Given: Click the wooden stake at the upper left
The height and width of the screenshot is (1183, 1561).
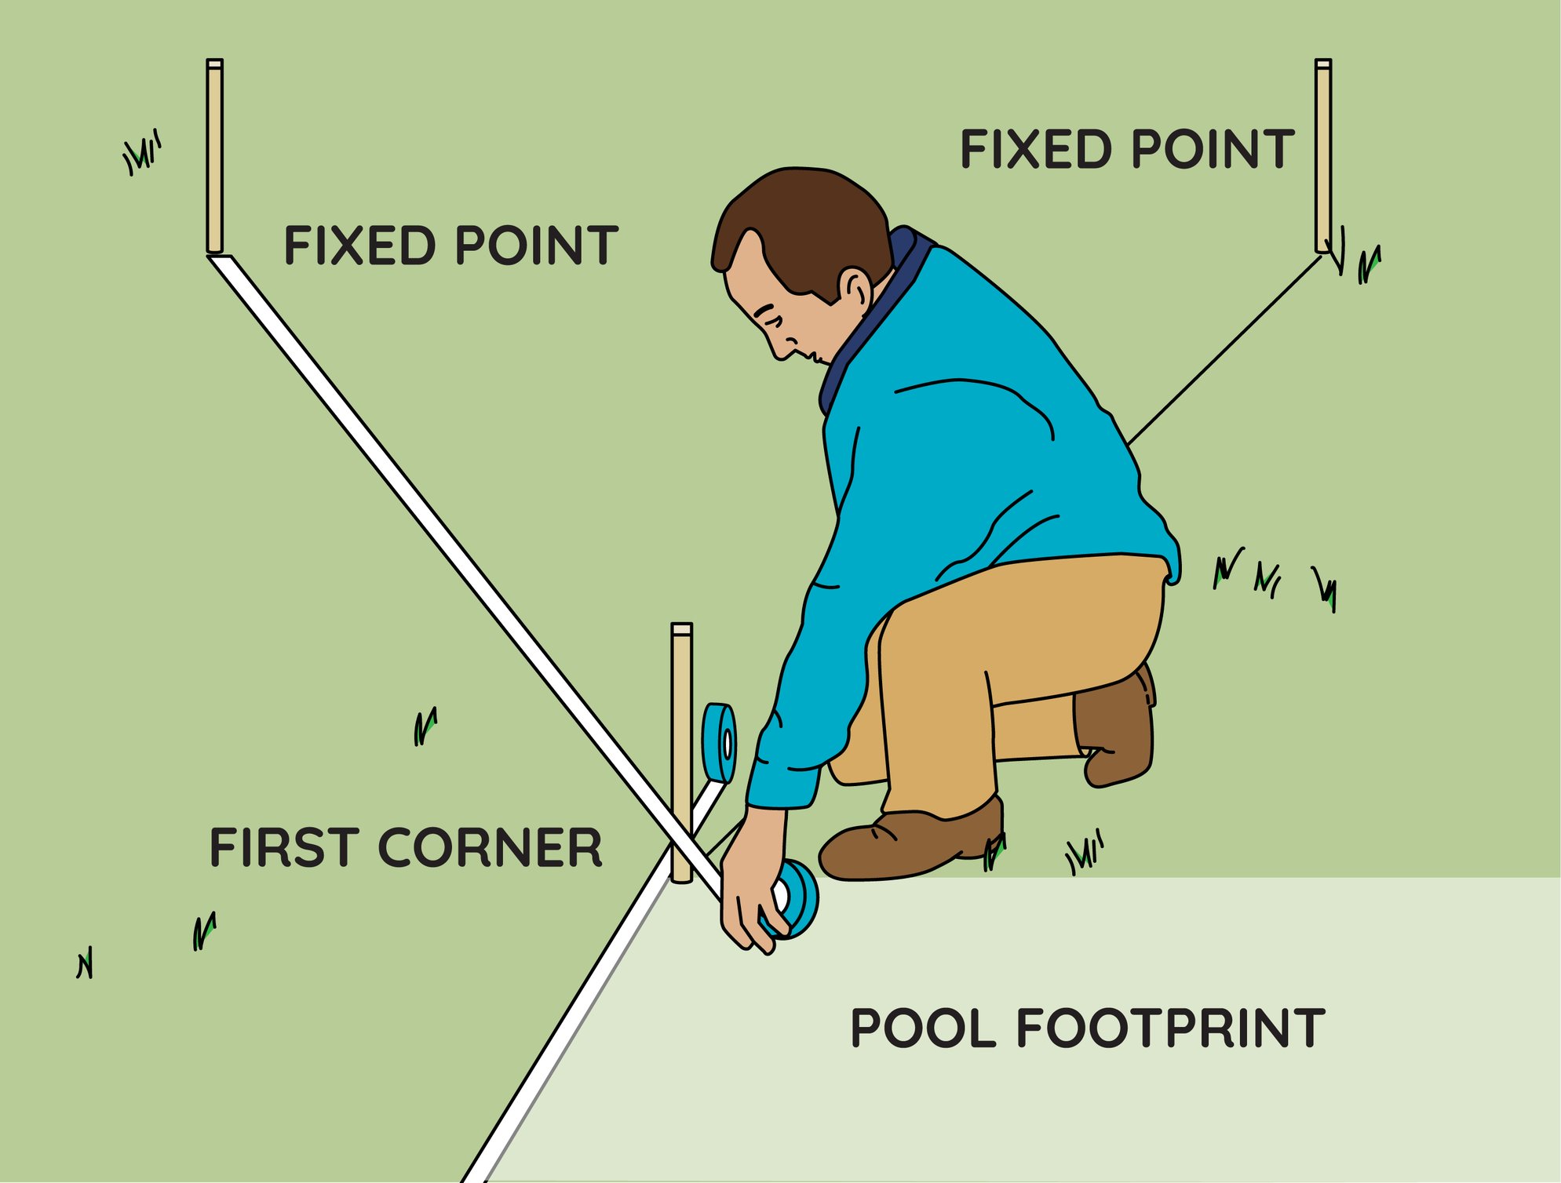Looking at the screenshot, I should [x=214, y=157].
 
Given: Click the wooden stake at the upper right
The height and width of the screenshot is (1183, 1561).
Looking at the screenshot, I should [x=1322, y=157].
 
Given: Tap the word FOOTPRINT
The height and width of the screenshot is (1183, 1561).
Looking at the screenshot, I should [x=1170, y=1028].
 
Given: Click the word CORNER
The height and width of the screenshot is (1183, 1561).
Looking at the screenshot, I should [x=491, y=848].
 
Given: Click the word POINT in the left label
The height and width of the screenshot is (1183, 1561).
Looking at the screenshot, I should [x=537, y=246].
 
